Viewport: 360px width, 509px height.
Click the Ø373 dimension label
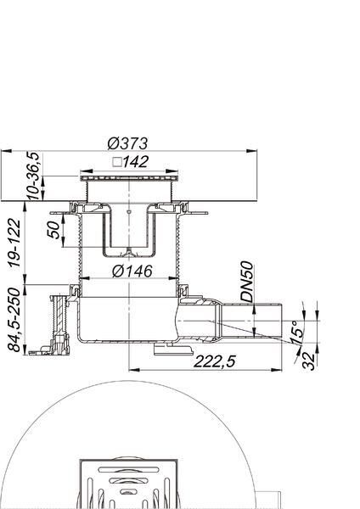[x=127, y=143]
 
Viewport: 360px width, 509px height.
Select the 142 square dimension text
[x=135, y=162]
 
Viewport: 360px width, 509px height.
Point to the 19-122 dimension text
[x=14, y=243]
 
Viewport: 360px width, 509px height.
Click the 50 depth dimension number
[x=55, y=230]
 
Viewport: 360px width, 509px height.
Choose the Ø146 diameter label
[x=132, y=271]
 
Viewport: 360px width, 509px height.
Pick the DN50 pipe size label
[x=246, y=282]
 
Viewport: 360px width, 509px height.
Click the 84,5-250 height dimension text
[x=14, y=320]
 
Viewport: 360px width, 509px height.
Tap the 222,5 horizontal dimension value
[x=215, y=361]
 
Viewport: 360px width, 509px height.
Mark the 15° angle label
[x=296, y=332]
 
